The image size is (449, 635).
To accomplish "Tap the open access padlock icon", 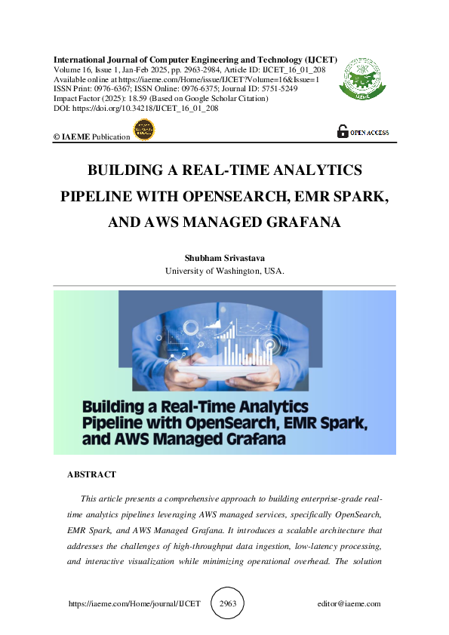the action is (x=343, y=130).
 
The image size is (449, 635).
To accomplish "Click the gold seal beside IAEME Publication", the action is (x=143, y=130).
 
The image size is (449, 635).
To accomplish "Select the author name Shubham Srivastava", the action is (x=224, y=259).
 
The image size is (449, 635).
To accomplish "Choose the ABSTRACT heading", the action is (x=91, y=474).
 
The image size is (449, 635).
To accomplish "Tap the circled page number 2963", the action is (x=228, y=603).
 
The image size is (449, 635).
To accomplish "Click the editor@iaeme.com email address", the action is (x=349, y=603).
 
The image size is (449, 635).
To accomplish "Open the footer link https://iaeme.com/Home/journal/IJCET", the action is (x=134, y=603).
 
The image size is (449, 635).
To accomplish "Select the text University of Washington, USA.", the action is (x=224, y=271).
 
